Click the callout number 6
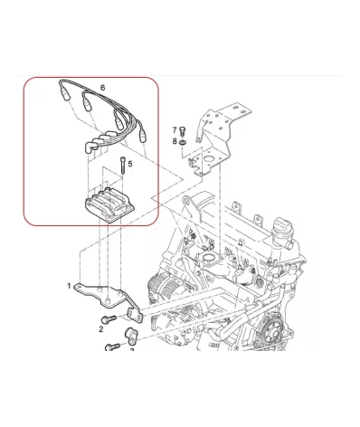(x=103, y=88)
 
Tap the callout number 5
(x=130, y=164)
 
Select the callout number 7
(x=175, y=130)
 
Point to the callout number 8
(x=175, y=141)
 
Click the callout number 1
(x=69, y=286)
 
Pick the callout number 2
(x=101, y=329)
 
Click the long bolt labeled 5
(x=123, y=166)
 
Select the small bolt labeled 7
(x=182, y=131)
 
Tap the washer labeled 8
(x=182, y=142)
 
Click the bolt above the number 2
(x=109, y=318)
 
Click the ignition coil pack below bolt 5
(x=109, y=205)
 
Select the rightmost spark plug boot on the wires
(x=142, y=135)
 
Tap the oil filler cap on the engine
(x=282, y=231)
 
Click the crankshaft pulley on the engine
(x=274, y=332)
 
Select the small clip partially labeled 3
(x=131, y=336)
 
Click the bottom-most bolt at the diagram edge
(x=112, y=346)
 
